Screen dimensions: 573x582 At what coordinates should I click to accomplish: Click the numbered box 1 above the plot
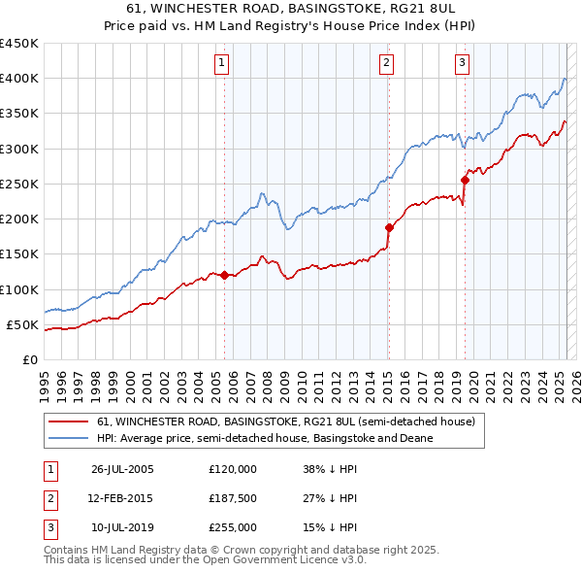[x=222, y=64]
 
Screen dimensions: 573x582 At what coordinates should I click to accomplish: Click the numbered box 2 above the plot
[x=386, y=64]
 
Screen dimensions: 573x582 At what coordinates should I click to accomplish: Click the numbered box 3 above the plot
[x=462, y=64]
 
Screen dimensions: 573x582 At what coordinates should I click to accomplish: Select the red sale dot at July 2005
[x=224, y=275]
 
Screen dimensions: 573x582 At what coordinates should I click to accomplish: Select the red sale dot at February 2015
[x=389, y=227]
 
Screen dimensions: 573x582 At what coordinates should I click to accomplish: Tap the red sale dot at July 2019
[x=465, y=180]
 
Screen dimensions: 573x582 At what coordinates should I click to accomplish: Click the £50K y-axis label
[x=23, y=324]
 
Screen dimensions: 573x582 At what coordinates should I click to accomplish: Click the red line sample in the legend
[x=68, y=422]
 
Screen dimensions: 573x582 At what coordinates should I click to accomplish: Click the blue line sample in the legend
[x=68, y=438]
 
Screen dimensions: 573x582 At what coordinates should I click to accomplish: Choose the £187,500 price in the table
[x=233, y=498]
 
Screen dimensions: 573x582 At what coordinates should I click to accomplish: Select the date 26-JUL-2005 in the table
[x=122, y=469]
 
